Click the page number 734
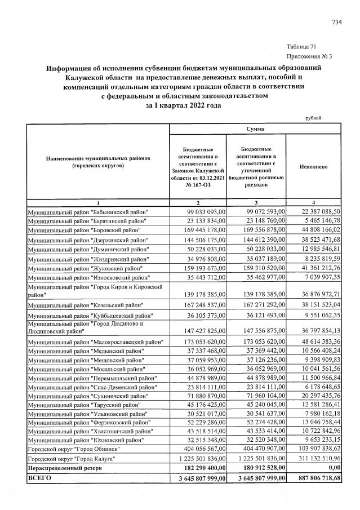pos(337,22)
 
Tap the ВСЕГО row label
pos(39,478)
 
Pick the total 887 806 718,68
pos(317,478)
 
